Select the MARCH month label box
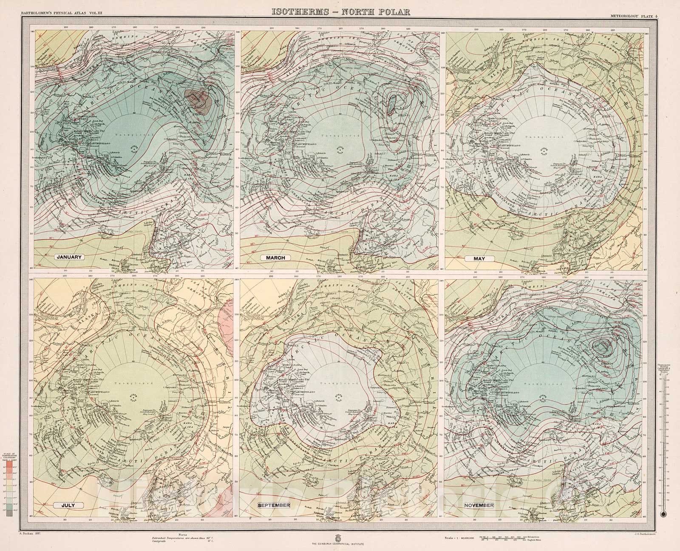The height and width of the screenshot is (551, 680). coord(275,257)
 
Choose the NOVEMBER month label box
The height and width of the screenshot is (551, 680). coord(479,505)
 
